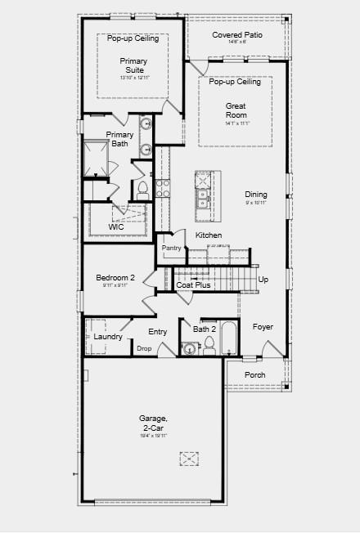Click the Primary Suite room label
coord(134,66)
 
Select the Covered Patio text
coord(237,35)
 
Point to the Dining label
coord(256,195)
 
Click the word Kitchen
coord(209,235)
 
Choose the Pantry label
coord(171,248)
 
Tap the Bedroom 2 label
coord(115,278)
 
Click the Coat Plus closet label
coord(194,284)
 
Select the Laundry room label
coord(108,337)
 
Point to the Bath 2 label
coord(204,329)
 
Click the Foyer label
coord(263,327)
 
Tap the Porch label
coord(255,374)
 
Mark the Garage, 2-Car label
coord(153,423)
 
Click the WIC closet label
coord(105,226)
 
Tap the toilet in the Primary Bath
coord(142,190)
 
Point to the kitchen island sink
coord(201,197)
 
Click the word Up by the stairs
coord(263,280)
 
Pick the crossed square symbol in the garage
coord(190,460)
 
